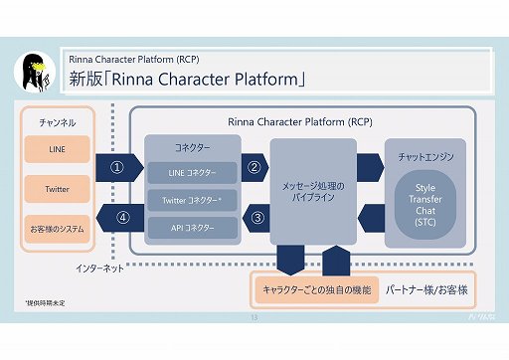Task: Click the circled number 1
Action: (x=116, y=168)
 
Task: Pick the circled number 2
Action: (x=254, y=167)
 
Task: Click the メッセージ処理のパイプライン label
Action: (x=313, y=192)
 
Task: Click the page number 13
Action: (x=254, y=317)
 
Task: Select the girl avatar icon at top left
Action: (x=36, y=68)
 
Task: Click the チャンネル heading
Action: (x=56, y=122)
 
